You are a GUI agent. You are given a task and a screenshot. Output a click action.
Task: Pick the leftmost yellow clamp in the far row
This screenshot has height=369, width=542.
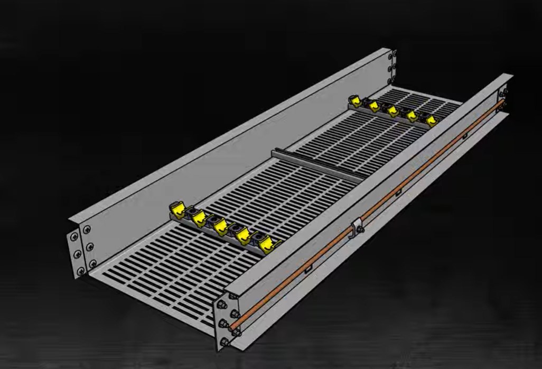[x=354, y=100]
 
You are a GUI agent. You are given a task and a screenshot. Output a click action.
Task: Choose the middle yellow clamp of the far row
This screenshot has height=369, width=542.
[x=392, y=110]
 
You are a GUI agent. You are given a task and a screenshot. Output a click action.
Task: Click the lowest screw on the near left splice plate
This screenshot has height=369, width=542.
[x=81, y=271]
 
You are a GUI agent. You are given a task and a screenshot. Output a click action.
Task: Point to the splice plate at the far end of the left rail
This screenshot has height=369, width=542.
[x=391, y=67]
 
